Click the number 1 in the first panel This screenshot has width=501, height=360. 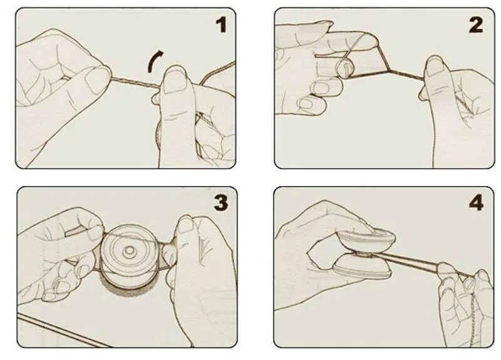click(222, 24)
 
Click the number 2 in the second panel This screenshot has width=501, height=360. click(476, 25)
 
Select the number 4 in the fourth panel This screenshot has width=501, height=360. click(476, 202)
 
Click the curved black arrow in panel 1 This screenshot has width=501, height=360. click(153, 61)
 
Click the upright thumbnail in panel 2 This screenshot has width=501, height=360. click(435, 66)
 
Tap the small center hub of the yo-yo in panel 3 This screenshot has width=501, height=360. click(129, 251)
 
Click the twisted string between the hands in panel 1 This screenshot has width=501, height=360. click(136, 82)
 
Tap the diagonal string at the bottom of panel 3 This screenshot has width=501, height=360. click(61, 330)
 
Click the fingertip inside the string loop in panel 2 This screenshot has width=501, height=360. click(344, 68)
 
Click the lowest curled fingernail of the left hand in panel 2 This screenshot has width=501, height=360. click(305, 103)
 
